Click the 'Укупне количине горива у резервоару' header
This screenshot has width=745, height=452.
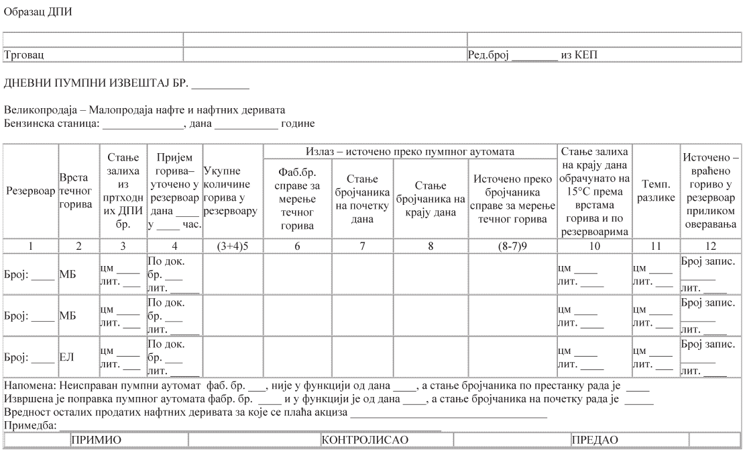232,191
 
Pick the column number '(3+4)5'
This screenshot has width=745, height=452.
232,246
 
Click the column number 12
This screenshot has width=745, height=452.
711,246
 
